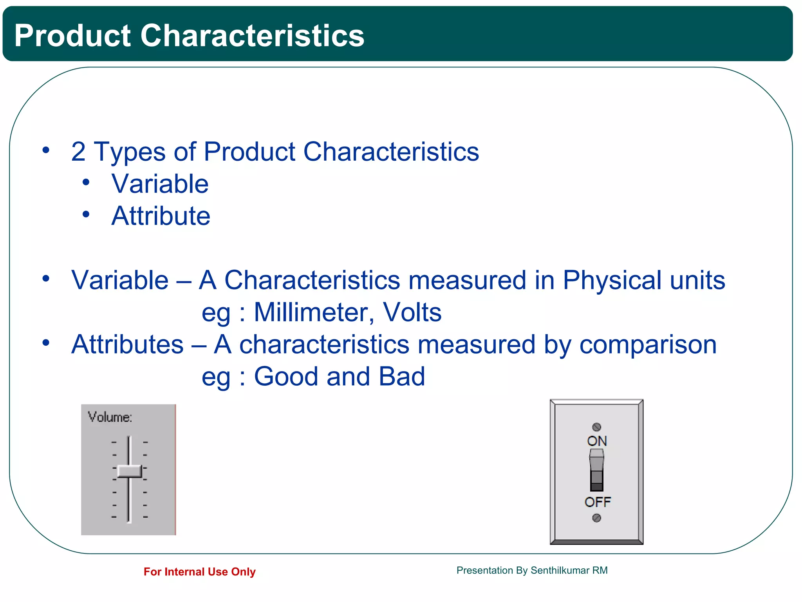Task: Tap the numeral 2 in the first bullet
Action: coord(78,152)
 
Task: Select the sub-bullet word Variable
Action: coord(160,184)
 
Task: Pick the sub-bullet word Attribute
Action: coord(161,216)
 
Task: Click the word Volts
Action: coord(412,313)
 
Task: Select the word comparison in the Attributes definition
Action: coord(648,345)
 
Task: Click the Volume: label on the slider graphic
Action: coord(110,417)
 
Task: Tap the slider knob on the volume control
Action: coord(129,471)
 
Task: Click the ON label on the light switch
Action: coord(597,441)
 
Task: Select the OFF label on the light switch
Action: coord(597,502)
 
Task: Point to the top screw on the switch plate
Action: coord(596,427)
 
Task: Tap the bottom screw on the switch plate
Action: coord(596,518)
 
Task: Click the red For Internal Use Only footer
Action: coord(199,572)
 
